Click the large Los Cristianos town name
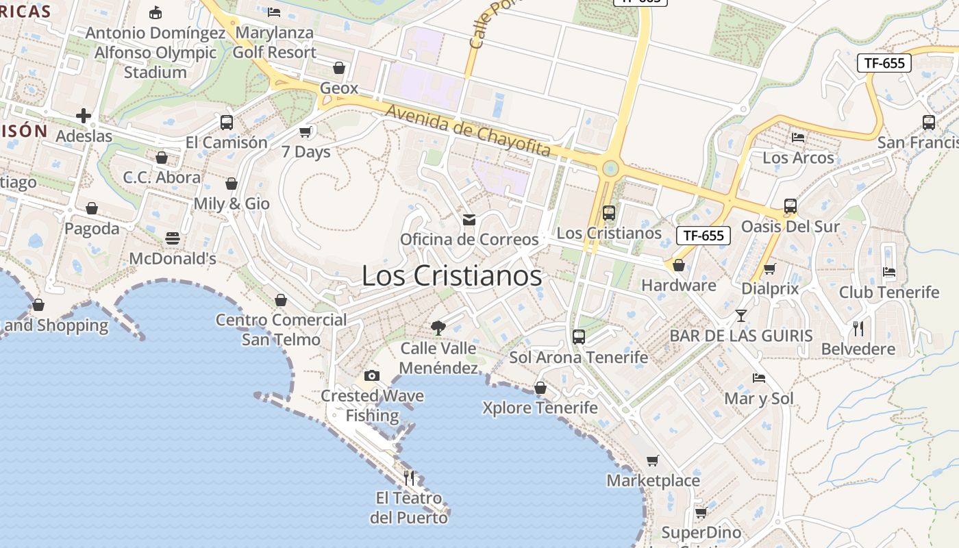click(x=451, y=276)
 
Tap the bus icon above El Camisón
click(x=227, y=123)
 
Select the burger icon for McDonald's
click(x=173, y=238)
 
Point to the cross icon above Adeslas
click(x=84, y=116)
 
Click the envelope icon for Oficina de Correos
click(x=469, y=219)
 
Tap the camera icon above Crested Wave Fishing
click(x=372, y=375)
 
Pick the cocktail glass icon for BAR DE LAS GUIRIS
click(x=740, y=316)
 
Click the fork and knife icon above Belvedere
click(x=858, y=329)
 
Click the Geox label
click(x=339, y=88)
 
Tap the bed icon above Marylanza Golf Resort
click(x=274, y=12)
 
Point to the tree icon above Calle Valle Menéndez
click(x=438, y=328)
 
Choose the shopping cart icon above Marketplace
click(x=653, y=461)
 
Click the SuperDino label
click(x=701, y=532)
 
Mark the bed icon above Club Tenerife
click(x=889, y=272)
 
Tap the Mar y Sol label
click(x=759, y=399)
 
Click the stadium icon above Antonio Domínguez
click(x=155, y=12)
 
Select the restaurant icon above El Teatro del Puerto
click(x=409, y=477)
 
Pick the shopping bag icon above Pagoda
click(x=92, y=208)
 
